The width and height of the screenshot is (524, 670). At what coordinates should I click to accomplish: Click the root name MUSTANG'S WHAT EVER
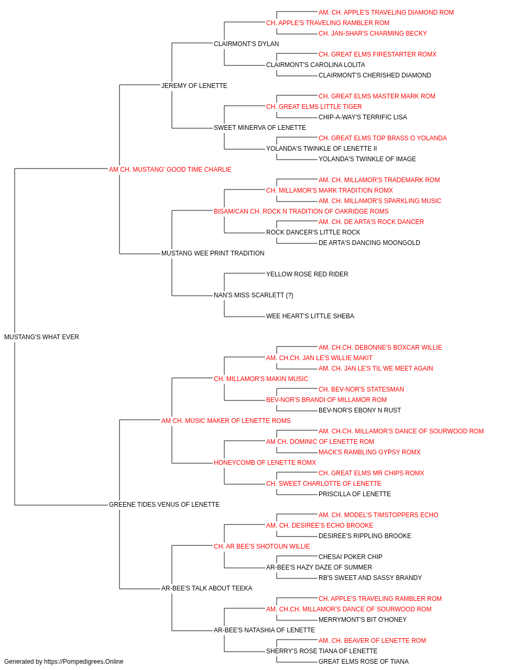42,337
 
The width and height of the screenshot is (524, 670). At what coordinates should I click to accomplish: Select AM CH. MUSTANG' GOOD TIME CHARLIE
170,170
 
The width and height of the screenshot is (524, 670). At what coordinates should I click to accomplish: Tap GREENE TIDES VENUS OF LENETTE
164,505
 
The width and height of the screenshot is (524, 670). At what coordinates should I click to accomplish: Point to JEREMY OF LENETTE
194,86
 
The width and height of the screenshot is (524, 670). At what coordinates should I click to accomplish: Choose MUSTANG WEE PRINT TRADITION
213,253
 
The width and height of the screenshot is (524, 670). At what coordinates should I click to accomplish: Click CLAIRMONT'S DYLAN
246,44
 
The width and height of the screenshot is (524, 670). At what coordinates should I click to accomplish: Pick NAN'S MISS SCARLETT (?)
254,295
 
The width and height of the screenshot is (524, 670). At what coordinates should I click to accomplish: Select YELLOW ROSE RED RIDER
307,274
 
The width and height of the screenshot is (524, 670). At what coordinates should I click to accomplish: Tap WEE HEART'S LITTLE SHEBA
310,316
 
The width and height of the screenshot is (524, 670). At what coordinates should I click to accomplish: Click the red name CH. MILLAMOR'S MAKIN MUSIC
261,379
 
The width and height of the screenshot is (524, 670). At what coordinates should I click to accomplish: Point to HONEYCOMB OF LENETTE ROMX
265,463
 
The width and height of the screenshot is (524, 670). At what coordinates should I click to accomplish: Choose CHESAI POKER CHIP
351,557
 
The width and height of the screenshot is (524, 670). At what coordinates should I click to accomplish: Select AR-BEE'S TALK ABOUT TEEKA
207,588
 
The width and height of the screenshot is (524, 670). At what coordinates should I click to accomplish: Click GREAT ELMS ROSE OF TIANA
364,662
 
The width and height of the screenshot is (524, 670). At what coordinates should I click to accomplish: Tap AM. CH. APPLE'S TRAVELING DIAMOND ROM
386,13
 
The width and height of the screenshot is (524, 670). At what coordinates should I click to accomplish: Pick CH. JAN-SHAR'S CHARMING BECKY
373,33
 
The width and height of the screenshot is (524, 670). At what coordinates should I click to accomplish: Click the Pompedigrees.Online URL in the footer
84,662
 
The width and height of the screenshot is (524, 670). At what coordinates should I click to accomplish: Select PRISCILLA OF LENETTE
355,494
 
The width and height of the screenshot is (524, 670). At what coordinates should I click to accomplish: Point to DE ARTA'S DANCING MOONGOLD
369,243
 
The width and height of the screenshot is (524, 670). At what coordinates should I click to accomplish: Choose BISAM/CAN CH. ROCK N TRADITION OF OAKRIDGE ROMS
301,211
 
